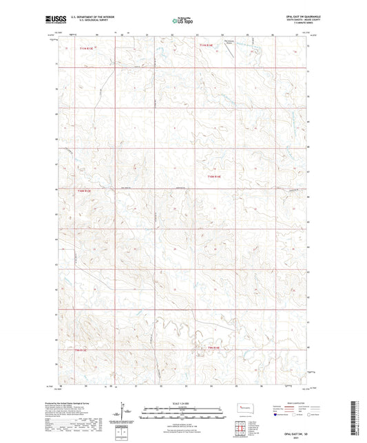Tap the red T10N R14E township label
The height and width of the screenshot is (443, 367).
214,176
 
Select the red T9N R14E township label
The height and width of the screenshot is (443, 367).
214,349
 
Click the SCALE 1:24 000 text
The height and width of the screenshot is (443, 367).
182,402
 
